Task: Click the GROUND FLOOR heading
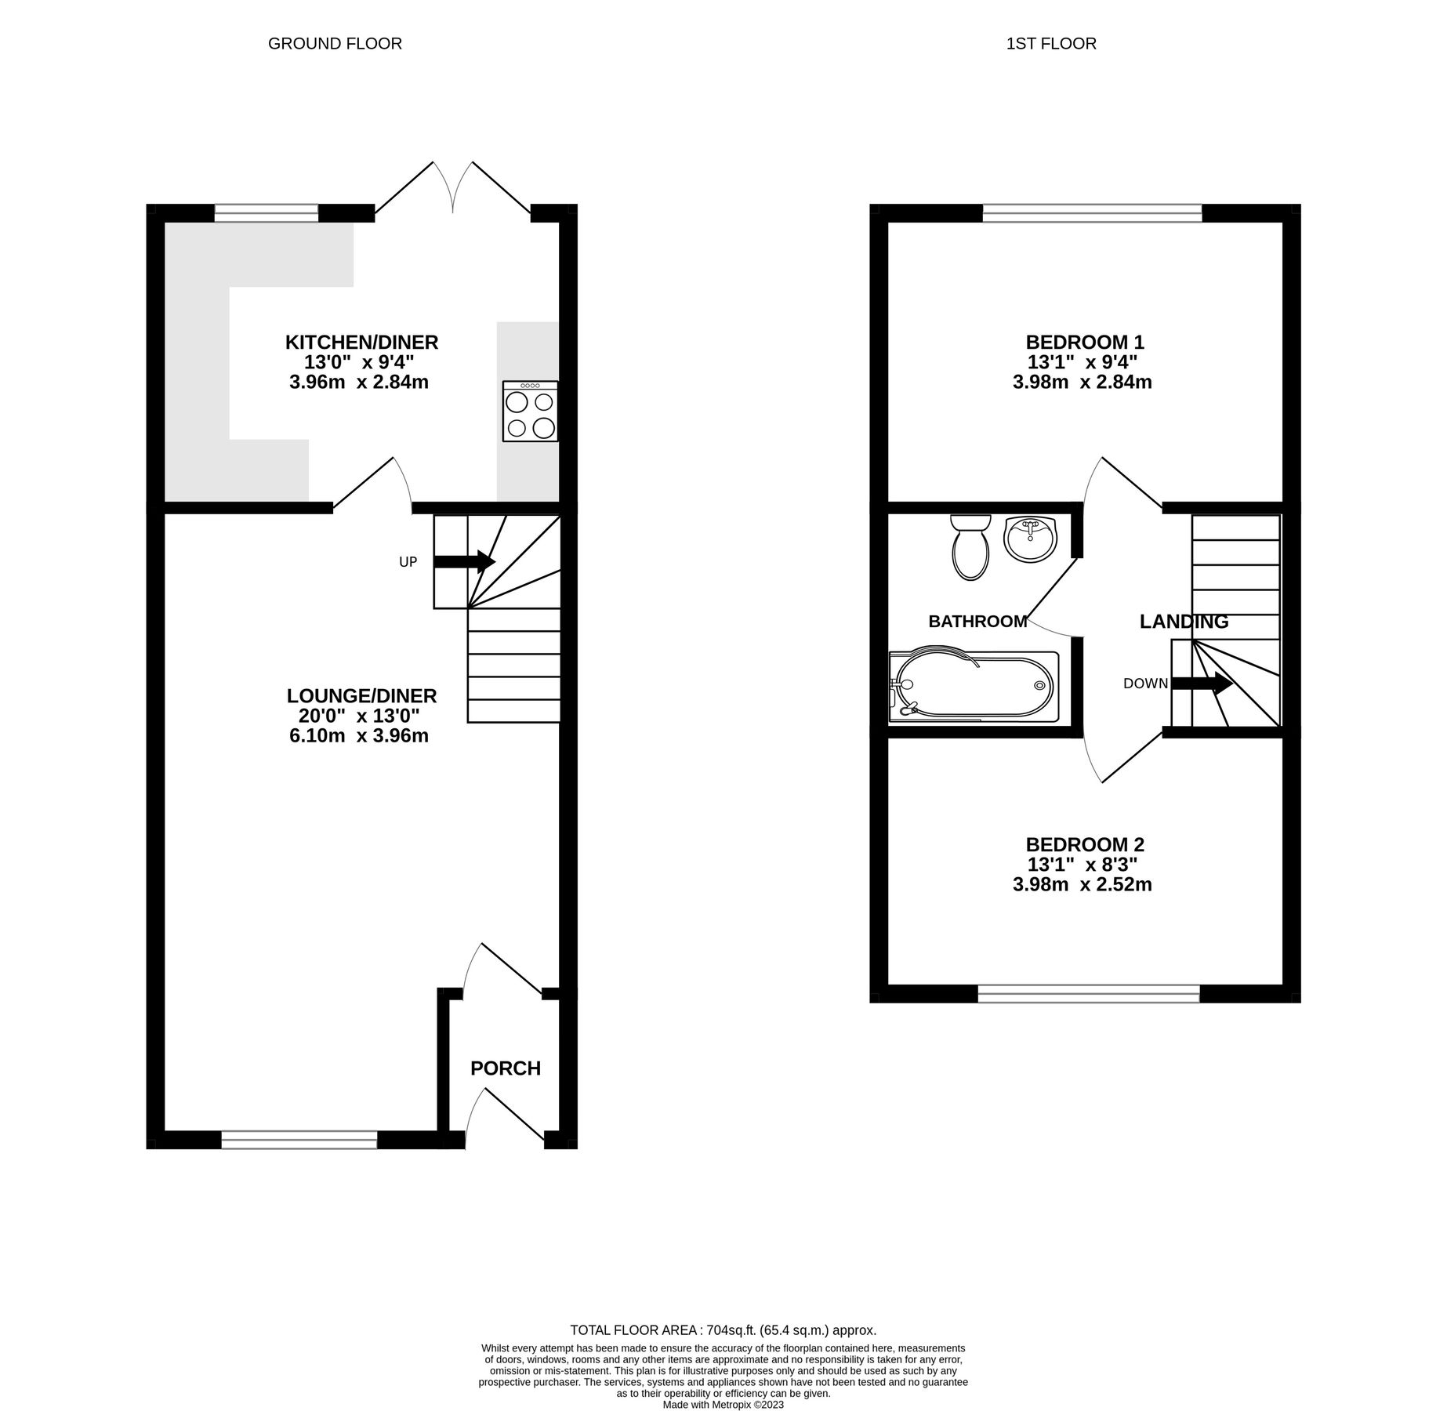(335, 44)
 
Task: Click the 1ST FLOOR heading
(1051, 44)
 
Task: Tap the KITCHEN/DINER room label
(361, 343)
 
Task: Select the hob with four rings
(531, 412)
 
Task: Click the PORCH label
(506, 1069)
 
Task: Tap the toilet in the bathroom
(970, 548)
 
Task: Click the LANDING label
(1184, 622)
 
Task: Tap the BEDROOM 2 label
(1085, 845)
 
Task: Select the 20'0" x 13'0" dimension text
(359, 716)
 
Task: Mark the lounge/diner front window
(299, 1141)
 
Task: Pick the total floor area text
(723, 1330)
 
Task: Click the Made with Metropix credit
(723, 1405)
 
